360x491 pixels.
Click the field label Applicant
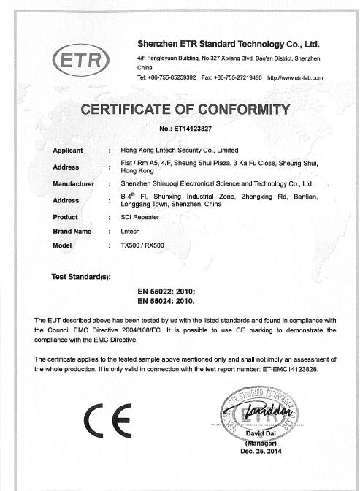69,150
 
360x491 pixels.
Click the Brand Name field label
72,231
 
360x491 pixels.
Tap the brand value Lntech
129,231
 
